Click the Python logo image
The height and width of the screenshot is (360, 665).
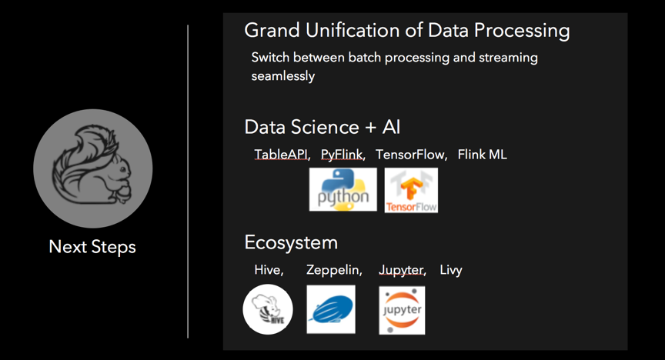pyautogui.click(x=343, y=189)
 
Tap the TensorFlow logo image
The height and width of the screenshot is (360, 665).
pyautogui.click(x=411, y=190)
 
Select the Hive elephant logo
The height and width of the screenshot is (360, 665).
pyautogui.click(x=268, y=309)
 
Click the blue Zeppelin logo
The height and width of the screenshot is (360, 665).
pyautogui.click(x=331, y=309)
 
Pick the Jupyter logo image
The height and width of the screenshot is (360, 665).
pyautogui.click(x=402, y=310)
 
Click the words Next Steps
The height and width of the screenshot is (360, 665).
pyautogui.click(x=92, y=247)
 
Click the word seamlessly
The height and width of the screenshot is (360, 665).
pyautogui.click(x=283, y=76)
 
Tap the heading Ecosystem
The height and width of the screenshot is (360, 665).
pyautogui.click(x=291, y=243)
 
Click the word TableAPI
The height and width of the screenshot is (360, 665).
pyautogui.click(x=281, y=155)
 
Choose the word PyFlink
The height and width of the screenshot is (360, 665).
pyautogui.click(x=342, y=155)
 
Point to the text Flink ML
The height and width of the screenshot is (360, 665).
pyautogui.click(x=483, y=155)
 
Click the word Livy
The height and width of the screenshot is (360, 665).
pyautogui.click(x=451, y=270)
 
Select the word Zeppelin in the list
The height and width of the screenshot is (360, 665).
pyautogui.click(x=333, y=270)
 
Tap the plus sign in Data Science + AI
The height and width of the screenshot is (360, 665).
pyautogui.click(x=371, y=128)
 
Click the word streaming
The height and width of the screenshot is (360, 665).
pyautogui.click(x=508, y=58)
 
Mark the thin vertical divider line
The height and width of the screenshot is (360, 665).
pyautogui.click(x=188, y=182)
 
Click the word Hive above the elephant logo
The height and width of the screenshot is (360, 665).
pyautogui.click(x=267, y=270)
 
